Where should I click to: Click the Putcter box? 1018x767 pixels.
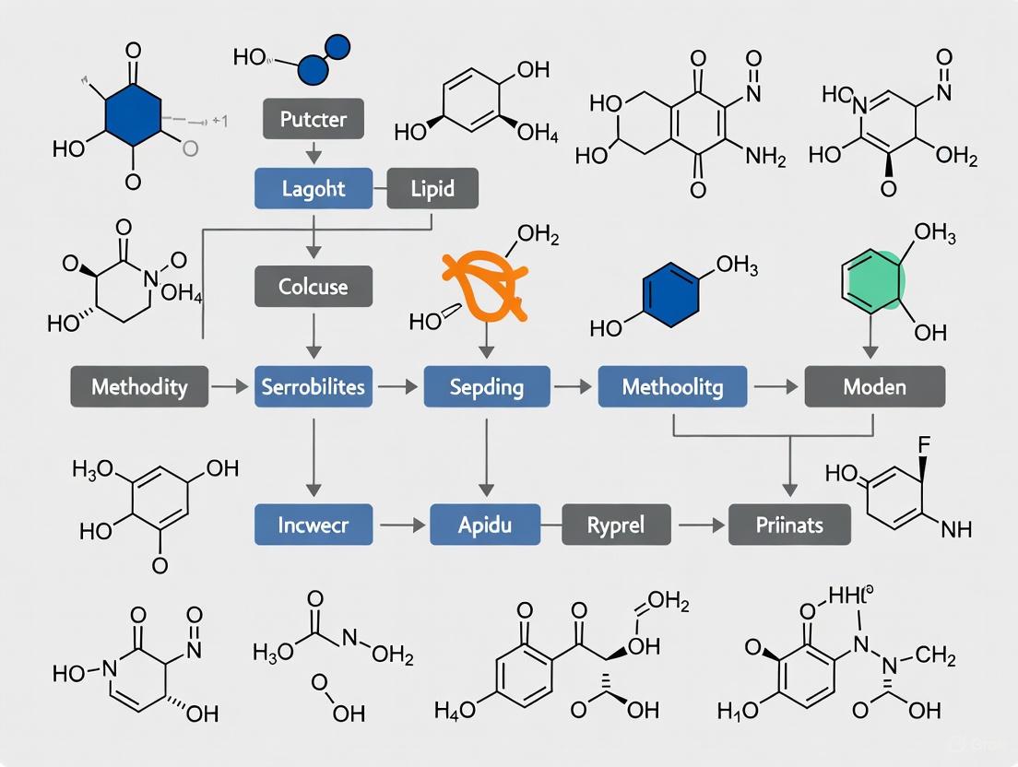tap(313, 119)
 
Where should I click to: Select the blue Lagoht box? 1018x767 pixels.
tap(313, 188)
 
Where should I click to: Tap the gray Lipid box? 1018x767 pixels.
tap(432, 188)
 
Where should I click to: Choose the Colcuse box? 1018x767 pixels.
tap(313, 287)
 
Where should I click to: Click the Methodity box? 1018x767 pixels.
tap(138, 386)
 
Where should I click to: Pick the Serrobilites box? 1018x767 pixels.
tap(313, 386)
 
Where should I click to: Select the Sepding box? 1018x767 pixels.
tap(487, 386)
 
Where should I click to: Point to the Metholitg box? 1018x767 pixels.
tap(672, 386)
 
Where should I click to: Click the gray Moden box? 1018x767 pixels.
tap(874, 386)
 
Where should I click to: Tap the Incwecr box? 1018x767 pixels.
tap(313, 525)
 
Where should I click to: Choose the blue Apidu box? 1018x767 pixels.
tap(485, 525)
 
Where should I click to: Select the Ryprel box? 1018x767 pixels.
tap(616, 525)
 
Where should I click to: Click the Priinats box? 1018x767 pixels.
tap(789, 525)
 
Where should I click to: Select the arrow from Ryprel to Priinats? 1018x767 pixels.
tap(701, 525)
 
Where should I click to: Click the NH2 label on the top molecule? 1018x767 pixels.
tap(764, 158)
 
